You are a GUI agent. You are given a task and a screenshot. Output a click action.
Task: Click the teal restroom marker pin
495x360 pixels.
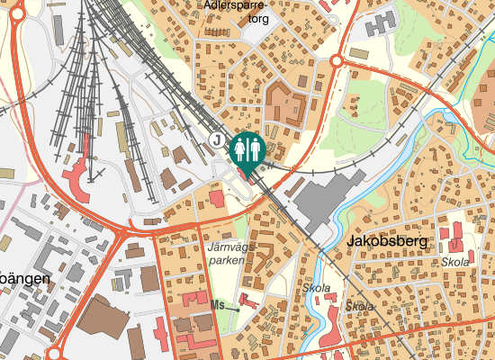pyautogui.click(x=246, y=150)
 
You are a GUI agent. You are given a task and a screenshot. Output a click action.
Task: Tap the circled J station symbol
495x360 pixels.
pyautogui.click(x=216, y=139)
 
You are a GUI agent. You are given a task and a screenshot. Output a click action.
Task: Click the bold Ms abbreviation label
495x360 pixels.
pyautogui.click(x=216, y=306)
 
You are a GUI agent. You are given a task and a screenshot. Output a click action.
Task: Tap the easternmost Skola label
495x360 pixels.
pyautogui.click(x=455, y=262)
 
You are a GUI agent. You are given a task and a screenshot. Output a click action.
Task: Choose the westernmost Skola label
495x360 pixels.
pyautogui.click(x=317, y=289)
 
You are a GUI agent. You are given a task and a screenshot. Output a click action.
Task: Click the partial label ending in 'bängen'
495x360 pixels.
pyautogui.click(x=23, y=279)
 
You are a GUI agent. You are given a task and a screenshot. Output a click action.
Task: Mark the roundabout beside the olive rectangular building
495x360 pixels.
pyautogui.click(x=337, y=61)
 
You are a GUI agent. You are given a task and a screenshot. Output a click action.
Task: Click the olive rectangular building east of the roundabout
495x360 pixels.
pyautogui.click(x=359, y=54)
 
